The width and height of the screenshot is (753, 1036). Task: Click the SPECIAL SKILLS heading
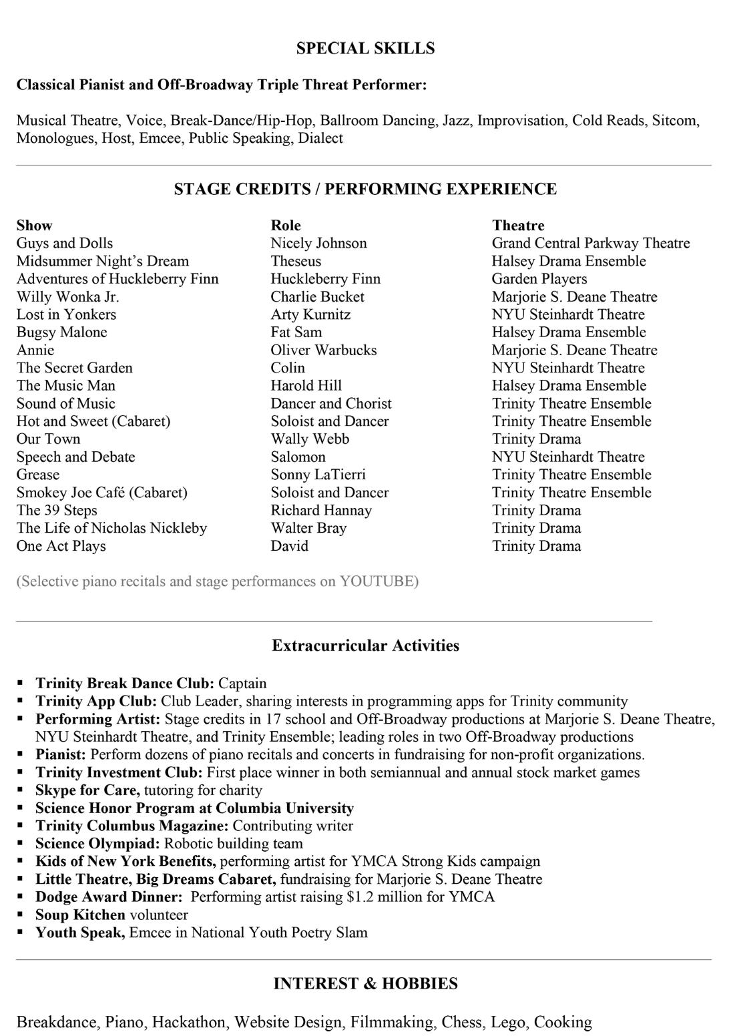(365, 48)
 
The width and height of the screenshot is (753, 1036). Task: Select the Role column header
(286, 225)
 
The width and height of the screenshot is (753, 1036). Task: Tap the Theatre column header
(518, 225)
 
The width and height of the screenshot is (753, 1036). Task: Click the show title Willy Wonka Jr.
(68, 296)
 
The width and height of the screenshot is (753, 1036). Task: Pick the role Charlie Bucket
(318, 296)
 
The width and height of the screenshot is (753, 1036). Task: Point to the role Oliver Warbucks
(324, 350)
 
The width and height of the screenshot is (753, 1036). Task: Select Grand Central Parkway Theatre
(591, 243)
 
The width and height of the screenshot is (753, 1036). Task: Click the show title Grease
(38, 475)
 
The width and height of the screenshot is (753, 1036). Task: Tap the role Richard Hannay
(321, 510)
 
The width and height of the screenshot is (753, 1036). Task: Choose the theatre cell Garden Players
(539, 278)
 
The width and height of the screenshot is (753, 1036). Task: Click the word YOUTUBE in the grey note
(377, 581)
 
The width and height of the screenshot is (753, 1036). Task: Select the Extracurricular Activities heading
(365, 645)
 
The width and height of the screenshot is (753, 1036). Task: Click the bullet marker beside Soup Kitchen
(21, 915)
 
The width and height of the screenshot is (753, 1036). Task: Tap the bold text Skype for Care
(87, 790)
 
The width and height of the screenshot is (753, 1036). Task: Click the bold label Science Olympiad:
(97, 843)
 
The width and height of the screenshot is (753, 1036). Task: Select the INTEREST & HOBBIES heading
(365, 983)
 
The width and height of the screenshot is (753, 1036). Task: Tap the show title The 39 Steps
(57, 510)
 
